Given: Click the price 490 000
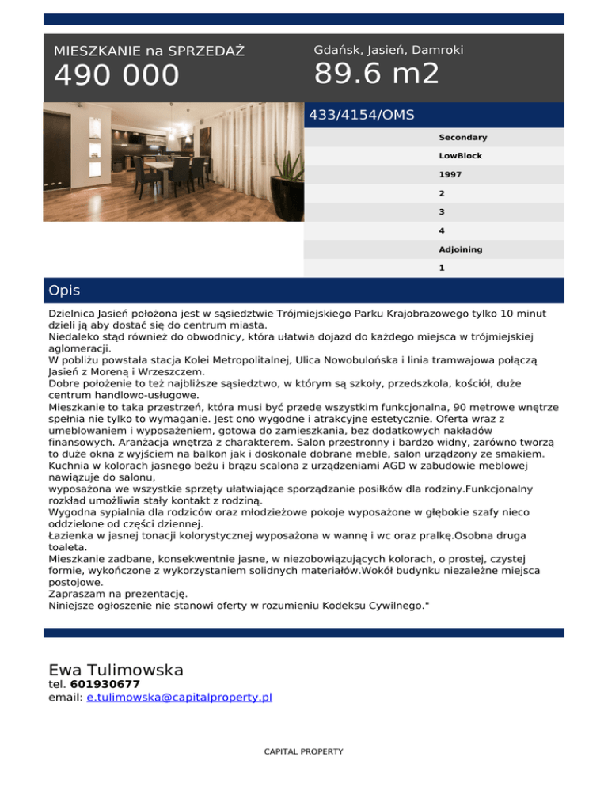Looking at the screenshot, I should tap(117, 76).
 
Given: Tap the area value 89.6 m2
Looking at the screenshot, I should tap(377, 74).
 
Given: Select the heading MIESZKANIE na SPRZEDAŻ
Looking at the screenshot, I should tap(149, 51).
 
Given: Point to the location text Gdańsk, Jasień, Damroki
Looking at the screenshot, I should tap(389, 50).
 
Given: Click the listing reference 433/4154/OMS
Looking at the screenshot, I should tap(362, 115).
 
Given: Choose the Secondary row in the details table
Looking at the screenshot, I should tap(463, 138).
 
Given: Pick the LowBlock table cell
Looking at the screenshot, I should tap(461, 156).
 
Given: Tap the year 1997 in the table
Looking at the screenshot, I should tap(450, 175).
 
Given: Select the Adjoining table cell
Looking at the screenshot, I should tap(461, 249).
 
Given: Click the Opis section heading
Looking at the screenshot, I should tap(64, 291).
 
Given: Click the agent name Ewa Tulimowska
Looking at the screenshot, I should tap(116, 670).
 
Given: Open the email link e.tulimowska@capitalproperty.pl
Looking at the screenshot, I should tap(180, 698).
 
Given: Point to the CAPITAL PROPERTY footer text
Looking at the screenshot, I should tap(304, 751).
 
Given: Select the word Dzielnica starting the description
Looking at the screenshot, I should tap(74, 314).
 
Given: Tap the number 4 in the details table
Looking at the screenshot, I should tap(442, 230).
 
